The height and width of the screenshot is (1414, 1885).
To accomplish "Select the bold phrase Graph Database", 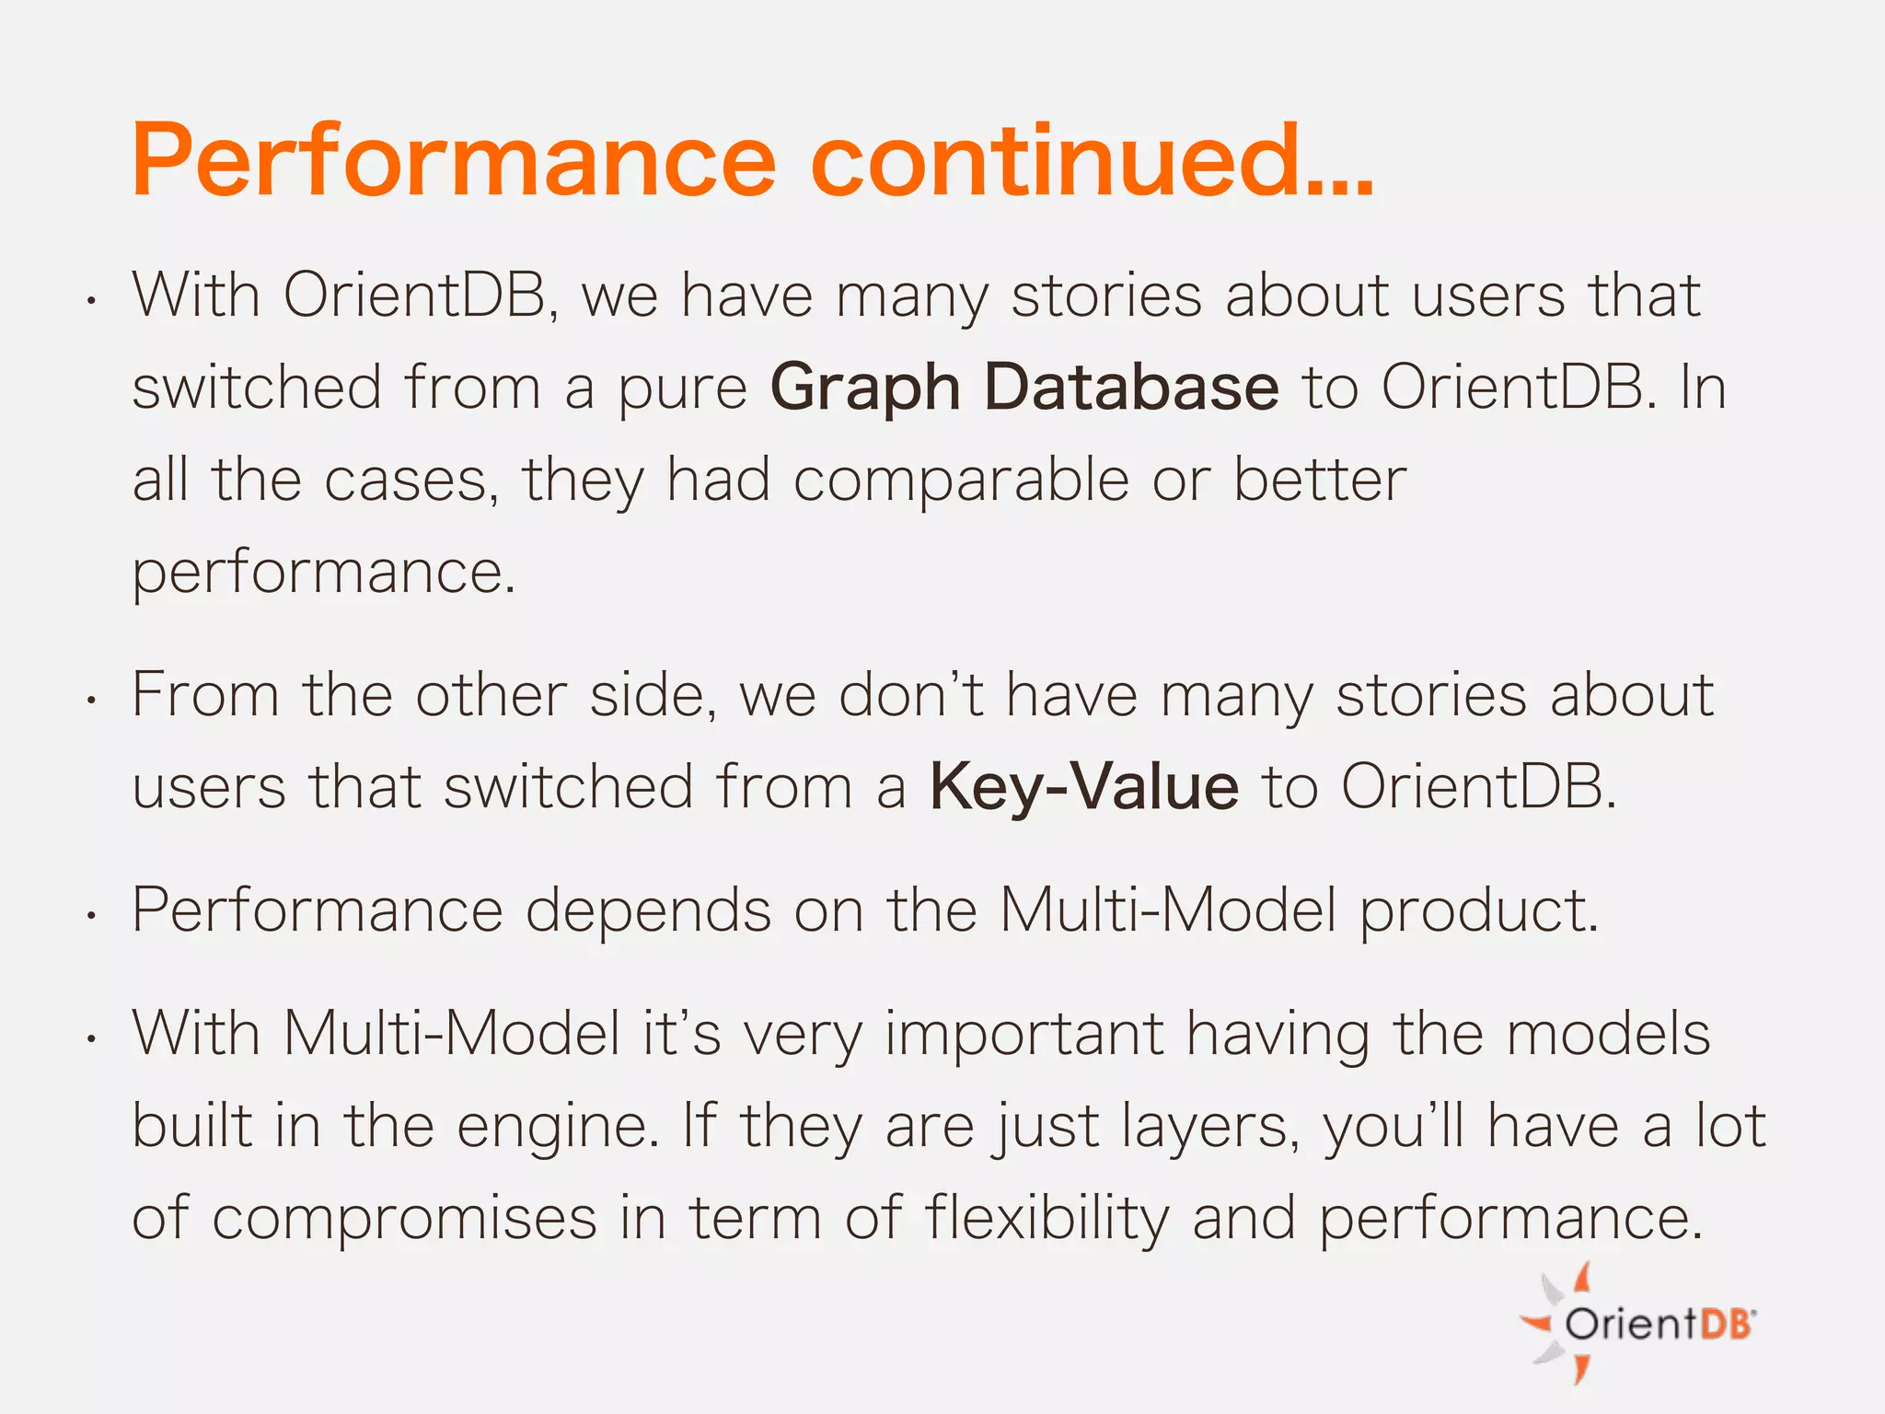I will [x=1023, y=388].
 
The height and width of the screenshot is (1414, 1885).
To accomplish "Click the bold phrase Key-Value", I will [x=1083, y=788].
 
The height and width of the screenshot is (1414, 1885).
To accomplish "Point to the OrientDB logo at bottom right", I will [x=1639, y=1323].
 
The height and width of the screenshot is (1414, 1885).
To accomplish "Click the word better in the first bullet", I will [x=1319, y=480].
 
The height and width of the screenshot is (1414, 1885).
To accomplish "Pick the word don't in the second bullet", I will [x=910, y=694].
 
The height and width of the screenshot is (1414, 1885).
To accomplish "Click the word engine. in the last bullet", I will [x=558, y=1128].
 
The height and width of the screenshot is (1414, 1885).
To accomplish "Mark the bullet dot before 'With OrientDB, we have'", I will [x=91, y=301].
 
